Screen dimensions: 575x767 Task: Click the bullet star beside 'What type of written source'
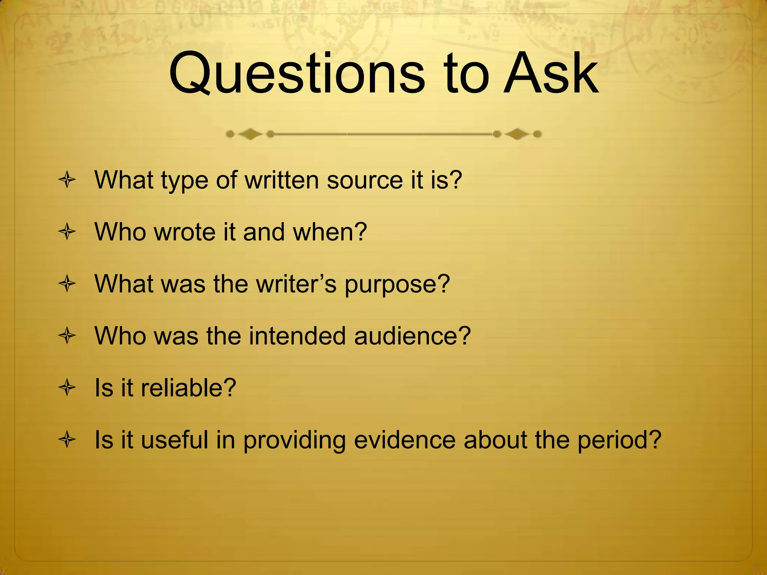pyautogui.click(x=67, y=181)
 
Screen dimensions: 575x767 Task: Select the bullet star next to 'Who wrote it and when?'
pyautogui.click(x=67, y=232)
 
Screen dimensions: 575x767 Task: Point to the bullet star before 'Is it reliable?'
pyautogui.click(x=67, y=388)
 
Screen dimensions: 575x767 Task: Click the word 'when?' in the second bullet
pyautogui.click(x=330, y=232)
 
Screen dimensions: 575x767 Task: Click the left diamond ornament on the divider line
pyautogui.click(x=251, y=134)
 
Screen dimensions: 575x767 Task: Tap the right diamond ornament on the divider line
pyautogui.click(x=517, y=134)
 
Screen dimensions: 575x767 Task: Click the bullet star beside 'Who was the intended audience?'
pyautogui.click(x=67, y=336)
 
